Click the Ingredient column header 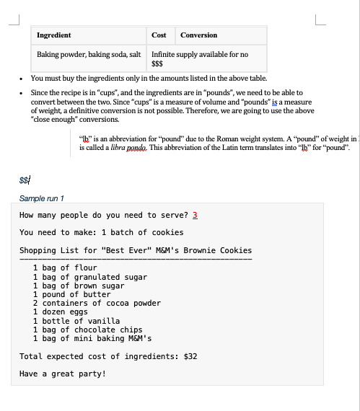pyautogui.click(x=53, y=35)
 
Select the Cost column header pyautogui.click(x=159, y=35)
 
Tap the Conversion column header pyautogui.click(x=198, y=35)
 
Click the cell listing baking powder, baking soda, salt pyautogui.click(x=89, y=54)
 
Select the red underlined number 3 pyautogui.click(x=194, y=215)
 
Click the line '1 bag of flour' pyautogui.click(x=65, y=268)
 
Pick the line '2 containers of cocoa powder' pyautogui.click(x=97, y=303)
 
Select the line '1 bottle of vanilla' pyautogui.click(x=76, y=321)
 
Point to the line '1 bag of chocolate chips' pyautogui.click(x=88, y=330)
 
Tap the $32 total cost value pyautogui.click(x=191, y=356)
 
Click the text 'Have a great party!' pyautogui.click(x=62, y=374)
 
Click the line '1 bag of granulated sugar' pyautogui.click(x=90, y=277)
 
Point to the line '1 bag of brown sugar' pyautogui.click(x=79, y=286)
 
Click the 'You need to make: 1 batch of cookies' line pyautogui.click(x=101, y=232)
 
